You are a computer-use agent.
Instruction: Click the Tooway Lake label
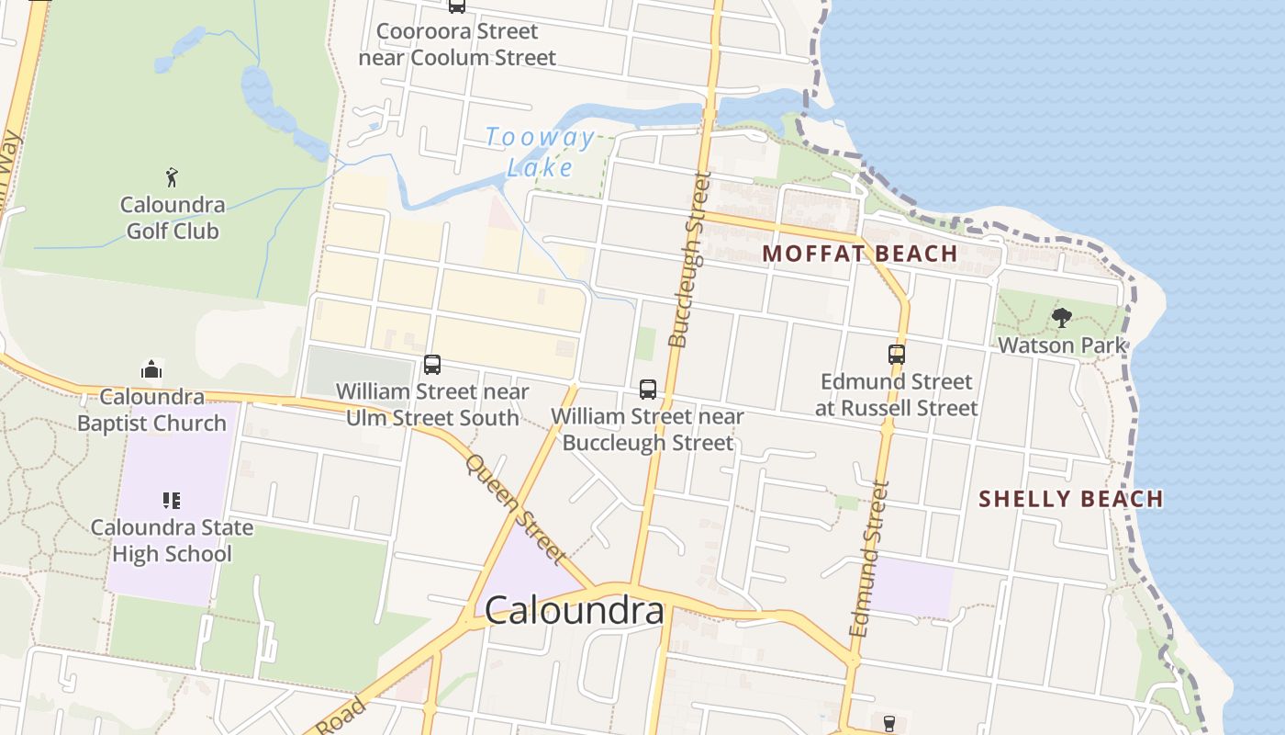[x=540, y=153]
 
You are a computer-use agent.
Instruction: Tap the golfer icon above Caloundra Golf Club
[x=172, y=177]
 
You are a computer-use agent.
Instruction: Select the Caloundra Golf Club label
[x=172, y=218]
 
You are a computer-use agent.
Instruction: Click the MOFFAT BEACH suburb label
[x=860, y=254]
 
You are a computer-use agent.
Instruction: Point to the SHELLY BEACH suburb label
[x=1071, y=499]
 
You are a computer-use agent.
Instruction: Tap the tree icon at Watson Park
[x=1062, y=319]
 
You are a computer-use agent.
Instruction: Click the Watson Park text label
[x=1062, y=345]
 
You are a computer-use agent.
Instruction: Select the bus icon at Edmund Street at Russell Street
[x=897, y=354]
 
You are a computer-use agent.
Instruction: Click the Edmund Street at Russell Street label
[x=897, y=394]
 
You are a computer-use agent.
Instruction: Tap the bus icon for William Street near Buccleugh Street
[x=648, y=389]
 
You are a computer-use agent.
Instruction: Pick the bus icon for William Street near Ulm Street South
[x=432, y=365]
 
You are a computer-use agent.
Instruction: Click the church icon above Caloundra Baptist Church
[x=151, y=369]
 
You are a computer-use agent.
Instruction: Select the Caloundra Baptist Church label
[x=151, y=410]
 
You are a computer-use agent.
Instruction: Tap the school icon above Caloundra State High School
[x=171, y=501]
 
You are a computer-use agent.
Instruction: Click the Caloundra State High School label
[x=171, y=540]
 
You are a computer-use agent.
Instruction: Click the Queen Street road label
[x=515, y=507]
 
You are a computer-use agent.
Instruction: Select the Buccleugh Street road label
[x=689, y=260]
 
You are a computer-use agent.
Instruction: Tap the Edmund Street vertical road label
[x=870, y=559]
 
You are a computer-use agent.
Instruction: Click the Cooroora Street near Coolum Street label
[x=457, y=44]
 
